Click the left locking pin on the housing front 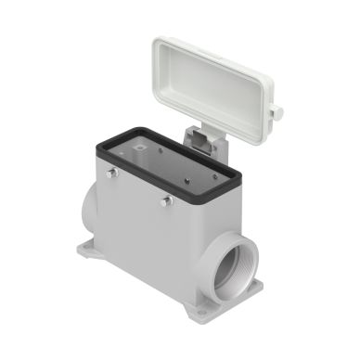pyautogui.click(x=112, y=173)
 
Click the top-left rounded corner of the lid pyautogui.click(x=160, y=45)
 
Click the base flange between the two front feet pyautogui.click(x=158, y=278)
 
